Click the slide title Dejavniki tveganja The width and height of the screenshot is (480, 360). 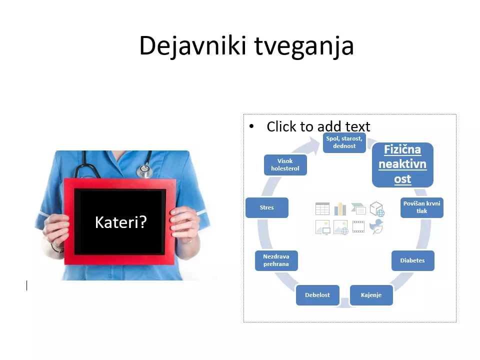click(x=246, y=46)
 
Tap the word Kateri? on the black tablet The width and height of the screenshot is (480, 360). click(x=121, y=222)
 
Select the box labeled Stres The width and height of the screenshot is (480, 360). click(x=267, y=207)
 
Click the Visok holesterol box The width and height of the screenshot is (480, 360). click(x=285, y=164)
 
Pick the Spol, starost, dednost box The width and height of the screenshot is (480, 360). click(x=344, y=142)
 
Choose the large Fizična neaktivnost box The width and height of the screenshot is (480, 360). click(x=402, y=164)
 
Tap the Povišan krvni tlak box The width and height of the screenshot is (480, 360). click(x=422, y=207)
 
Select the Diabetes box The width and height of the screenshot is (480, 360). click(x=412, y=260)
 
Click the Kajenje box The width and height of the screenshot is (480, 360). click(x=371, y=295)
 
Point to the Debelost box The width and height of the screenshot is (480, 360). click(x=317, y=295)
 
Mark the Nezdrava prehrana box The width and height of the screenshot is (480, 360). click(x=276, y=260)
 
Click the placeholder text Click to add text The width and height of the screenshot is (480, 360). click(x=318, y=126)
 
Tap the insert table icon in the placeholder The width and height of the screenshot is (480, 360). click(x=322, y=209)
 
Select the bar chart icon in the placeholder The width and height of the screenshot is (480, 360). click(x=340, y=209)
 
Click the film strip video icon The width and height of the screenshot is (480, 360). click(x=358, y=227)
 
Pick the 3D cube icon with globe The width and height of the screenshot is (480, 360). click(x=377, y=209)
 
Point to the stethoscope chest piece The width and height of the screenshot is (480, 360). click(x=144, y=170)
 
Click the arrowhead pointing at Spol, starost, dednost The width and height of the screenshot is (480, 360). click(x=314, y=143)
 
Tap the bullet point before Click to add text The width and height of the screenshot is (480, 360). click(x=251, y=126)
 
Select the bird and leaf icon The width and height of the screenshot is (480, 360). click(x=376, y=226)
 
